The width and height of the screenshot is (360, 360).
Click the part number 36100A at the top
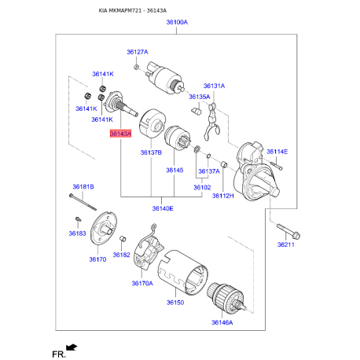click(177, 22)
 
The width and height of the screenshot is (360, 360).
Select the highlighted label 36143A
click(120, 134)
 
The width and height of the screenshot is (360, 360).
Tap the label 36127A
click(138, 52)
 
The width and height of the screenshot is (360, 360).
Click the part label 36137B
click(151, 152)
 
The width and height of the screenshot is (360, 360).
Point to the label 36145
click(174, 171)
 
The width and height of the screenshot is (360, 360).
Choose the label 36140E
click(163, 208)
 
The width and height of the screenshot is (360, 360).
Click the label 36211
click(286, 244)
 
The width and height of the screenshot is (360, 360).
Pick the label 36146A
click(222, 322)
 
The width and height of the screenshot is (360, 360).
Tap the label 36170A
click(142, 283)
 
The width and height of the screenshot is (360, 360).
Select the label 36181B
click(83, 187)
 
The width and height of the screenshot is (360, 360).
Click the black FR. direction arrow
click(72, 347)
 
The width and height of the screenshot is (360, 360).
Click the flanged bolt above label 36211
click(288, 231)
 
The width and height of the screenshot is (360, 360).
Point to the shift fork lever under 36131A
click(211, 121)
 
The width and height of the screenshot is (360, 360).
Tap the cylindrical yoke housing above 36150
click(183, 272)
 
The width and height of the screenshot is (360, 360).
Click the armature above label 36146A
click(226, 299)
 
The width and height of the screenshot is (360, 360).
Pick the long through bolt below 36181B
click(83, 202)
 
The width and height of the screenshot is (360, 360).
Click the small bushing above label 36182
click(123, 239)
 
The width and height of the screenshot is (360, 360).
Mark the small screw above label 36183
click(78, 219)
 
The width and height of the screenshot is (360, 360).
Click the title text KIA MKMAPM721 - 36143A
click(133, 11)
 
